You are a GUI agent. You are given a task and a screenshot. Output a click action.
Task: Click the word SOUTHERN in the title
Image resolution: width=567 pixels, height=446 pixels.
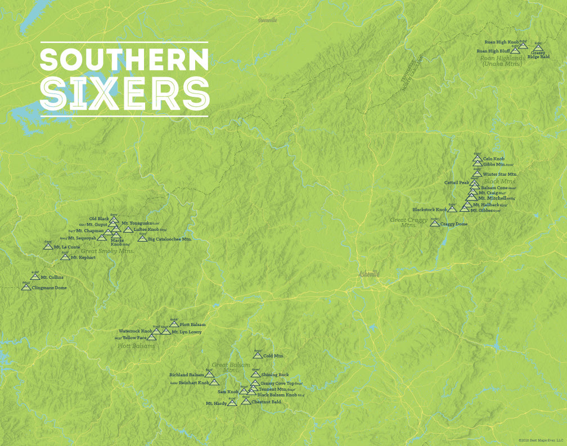coord(124,59)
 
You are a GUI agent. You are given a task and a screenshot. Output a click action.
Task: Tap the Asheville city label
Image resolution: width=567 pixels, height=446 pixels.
coord(369,274)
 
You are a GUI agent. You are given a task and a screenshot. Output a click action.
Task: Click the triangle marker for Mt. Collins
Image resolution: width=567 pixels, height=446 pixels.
coord(35,276)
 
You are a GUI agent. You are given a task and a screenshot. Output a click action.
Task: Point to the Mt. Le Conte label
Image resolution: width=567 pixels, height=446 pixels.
coord(67,247)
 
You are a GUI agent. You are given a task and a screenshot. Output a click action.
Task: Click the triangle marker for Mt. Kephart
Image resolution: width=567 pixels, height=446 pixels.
coord(65,257)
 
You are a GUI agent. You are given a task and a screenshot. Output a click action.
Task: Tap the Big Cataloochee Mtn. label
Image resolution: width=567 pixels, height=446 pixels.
coord(170,239)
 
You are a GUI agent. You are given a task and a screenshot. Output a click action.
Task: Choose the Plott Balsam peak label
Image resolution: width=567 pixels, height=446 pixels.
coord(192,325)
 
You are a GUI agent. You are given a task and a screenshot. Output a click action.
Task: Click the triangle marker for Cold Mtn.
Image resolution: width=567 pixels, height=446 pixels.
coord(258,355)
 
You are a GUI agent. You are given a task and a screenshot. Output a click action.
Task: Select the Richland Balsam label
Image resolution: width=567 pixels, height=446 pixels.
coord(187,374)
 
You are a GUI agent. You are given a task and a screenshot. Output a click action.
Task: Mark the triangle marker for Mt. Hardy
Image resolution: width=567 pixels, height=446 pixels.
coord(232,403)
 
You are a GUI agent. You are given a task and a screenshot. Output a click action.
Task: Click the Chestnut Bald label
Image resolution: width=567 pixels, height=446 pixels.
coord(266,402)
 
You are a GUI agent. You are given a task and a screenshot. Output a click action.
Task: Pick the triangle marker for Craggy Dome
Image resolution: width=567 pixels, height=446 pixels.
coord(435,223)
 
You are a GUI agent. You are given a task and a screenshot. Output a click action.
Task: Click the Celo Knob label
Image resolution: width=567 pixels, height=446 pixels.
coord(494,159)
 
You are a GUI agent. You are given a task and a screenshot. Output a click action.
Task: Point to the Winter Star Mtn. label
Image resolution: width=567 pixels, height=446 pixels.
coord(499,175)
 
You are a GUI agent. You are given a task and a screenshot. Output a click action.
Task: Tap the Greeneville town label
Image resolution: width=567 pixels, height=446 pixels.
coord(267,20)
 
